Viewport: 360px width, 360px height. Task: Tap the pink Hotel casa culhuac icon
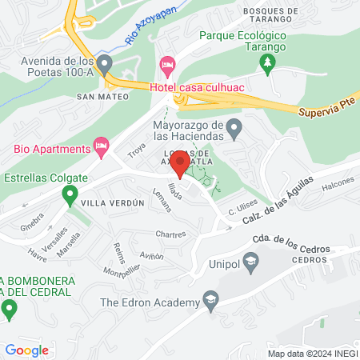(x=167, y=64)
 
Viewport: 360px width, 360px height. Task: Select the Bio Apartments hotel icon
(x=101, y=146)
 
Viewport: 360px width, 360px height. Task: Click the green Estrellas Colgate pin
(x=70, y=193)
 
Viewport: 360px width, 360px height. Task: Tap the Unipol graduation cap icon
(x=251, y=261)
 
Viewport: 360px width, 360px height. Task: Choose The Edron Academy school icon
(x=211, y=302)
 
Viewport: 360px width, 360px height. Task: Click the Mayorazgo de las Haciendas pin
(x=234, y=126)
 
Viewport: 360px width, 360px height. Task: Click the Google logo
(x=26, y=350)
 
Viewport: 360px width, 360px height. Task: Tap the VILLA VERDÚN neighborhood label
(x=112, y=203)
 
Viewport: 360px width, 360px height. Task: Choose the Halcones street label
(x=336, y=182)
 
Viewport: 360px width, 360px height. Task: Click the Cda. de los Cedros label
(x=290, y=248)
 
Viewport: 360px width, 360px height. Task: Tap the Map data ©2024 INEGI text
(x=310, y=353)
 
